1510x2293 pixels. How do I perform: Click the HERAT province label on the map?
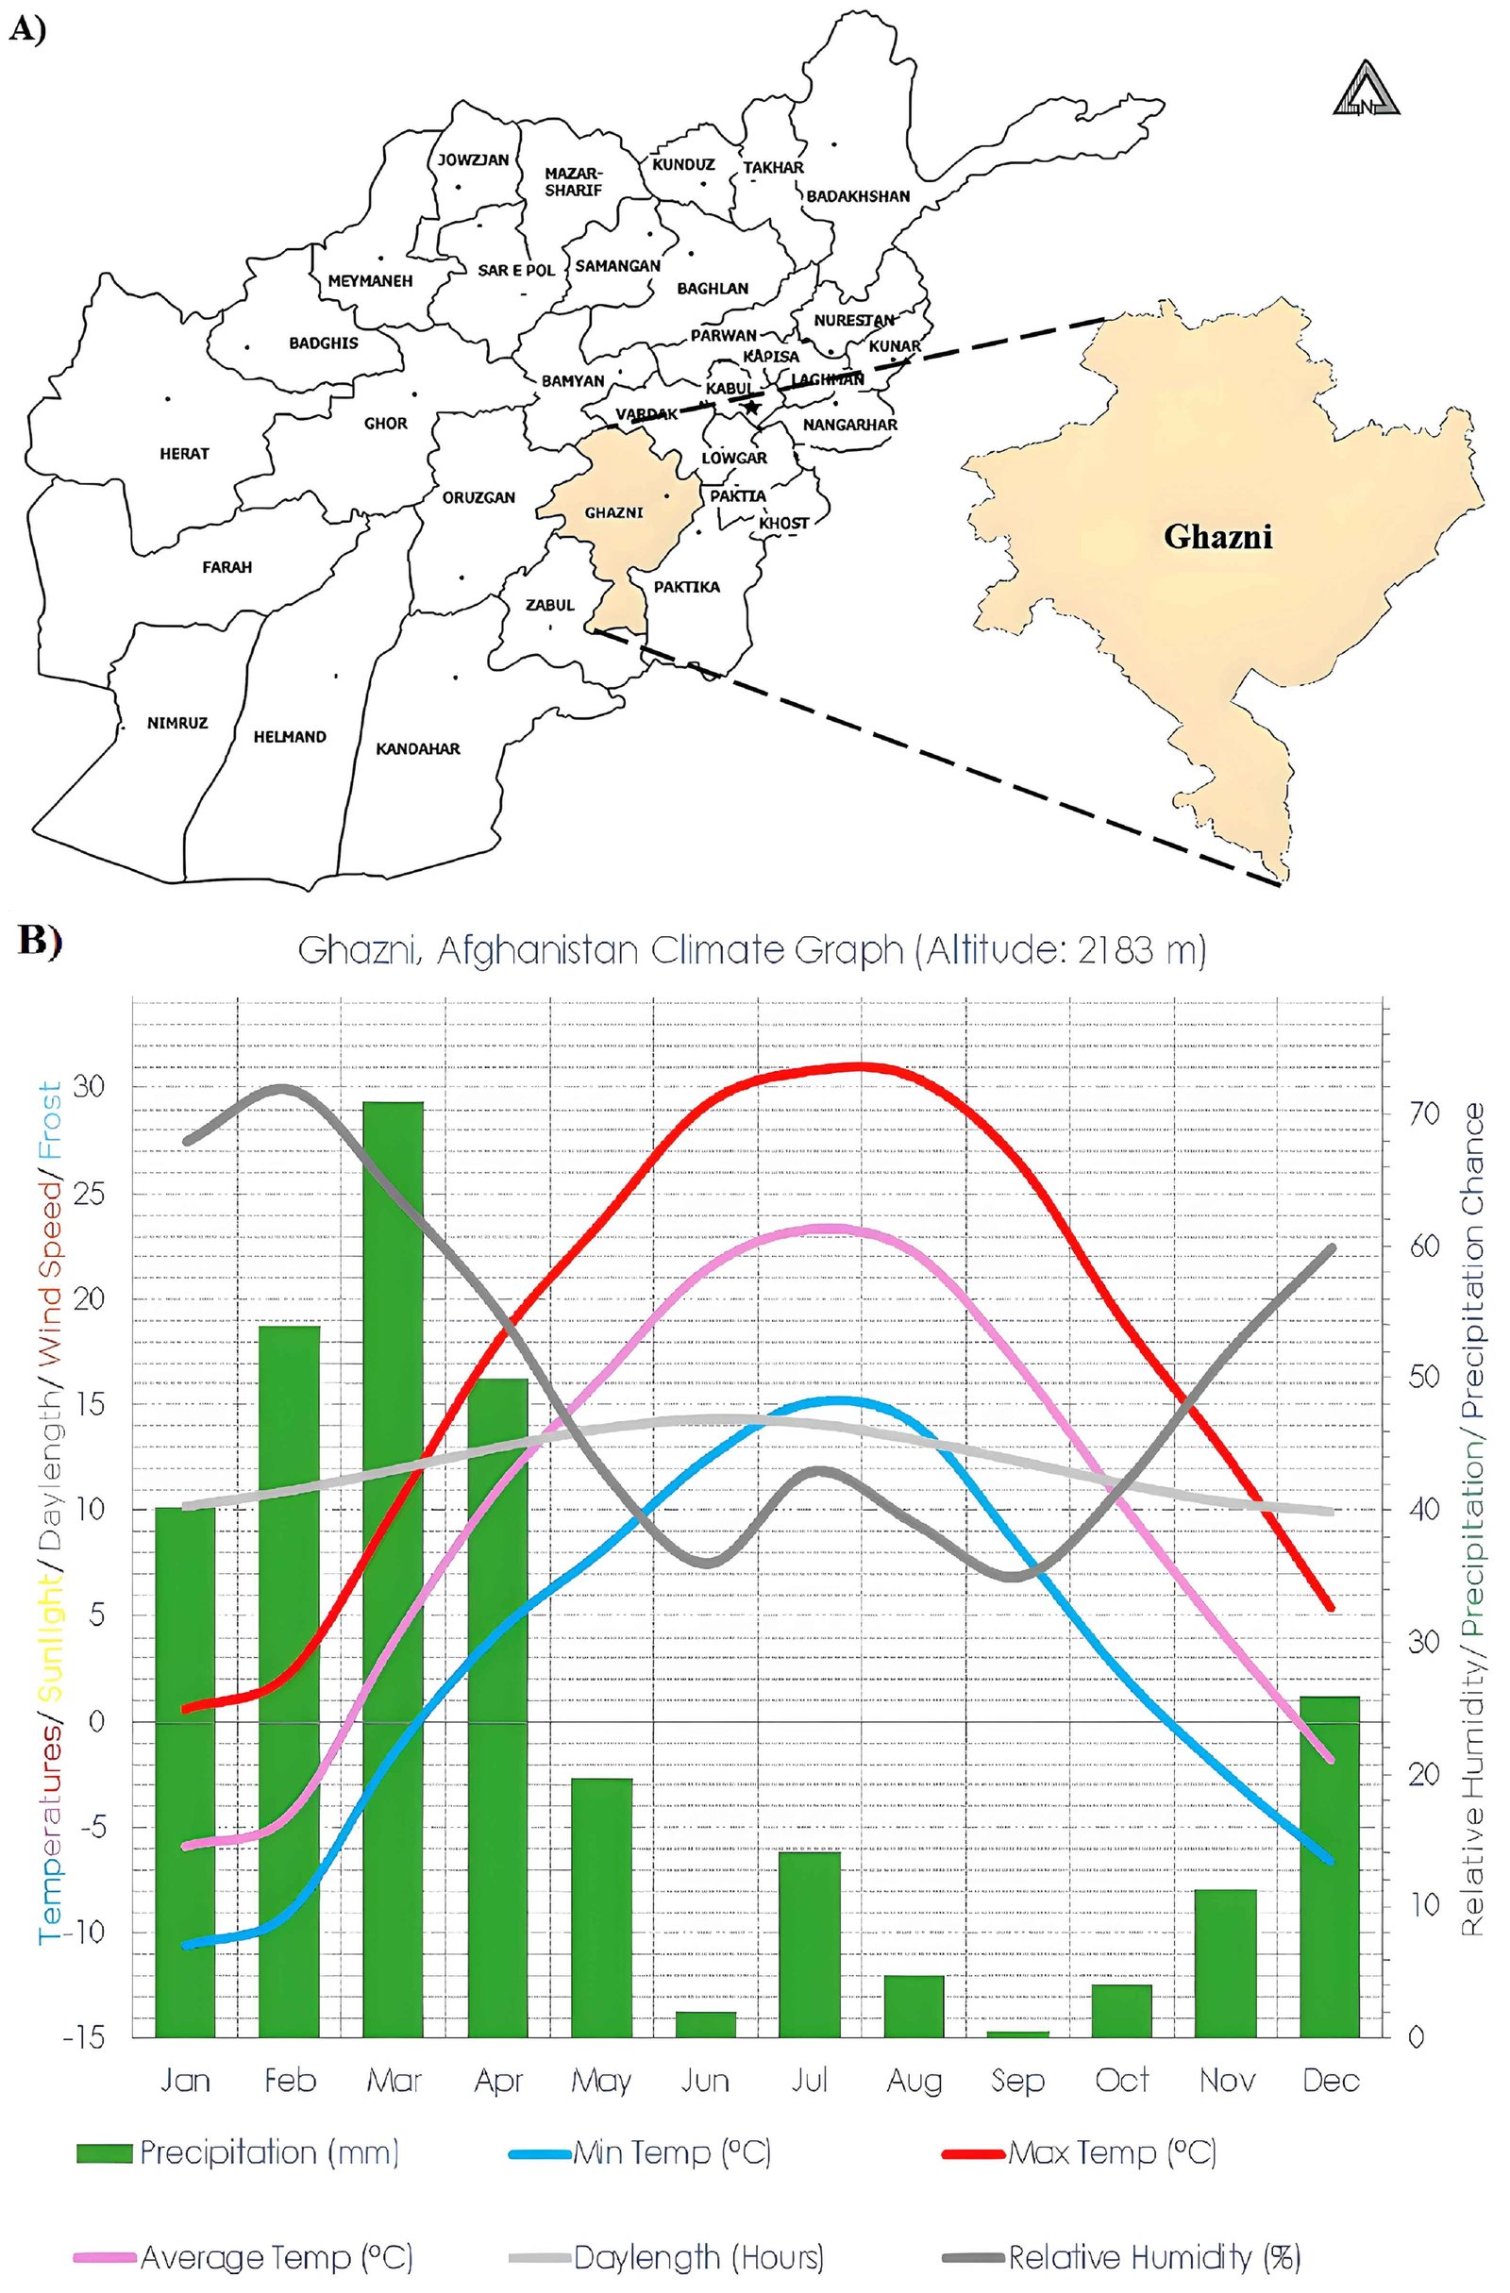click(x=184, y=454)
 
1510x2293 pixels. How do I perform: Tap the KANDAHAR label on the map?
click(x=417, y=748)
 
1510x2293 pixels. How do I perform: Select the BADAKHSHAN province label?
click(x=858, y=196)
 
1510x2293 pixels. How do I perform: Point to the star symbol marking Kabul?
click(x=751, y=408)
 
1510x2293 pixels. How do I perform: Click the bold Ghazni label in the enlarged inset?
click(x=1217, y=536)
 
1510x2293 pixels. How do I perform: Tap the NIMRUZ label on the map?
click(x=177, y=723)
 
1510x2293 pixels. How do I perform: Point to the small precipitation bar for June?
click(x=705, y=2024)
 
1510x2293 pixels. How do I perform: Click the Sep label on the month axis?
click(x=1017, y=2081)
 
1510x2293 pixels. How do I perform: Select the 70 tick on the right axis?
click(x=1423, y=1113)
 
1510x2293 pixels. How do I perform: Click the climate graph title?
click(x=751, y=951)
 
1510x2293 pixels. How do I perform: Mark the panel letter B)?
click(x=40, y=942)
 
